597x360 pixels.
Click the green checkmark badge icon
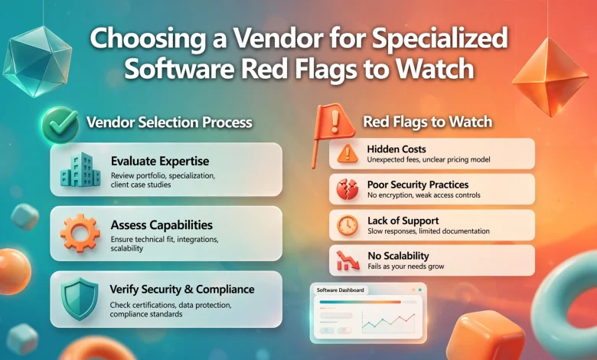coord(60,124)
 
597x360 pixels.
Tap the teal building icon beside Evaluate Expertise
coord(80,170)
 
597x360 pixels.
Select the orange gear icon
coord(80,233)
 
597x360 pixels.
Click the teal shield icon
coord(80,298)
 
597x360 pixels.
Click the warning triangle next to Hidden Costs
coord(347,153)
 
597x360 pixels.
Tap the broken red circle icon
coord(347,189)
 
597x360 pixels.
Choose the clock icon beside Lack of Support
coord(347,225)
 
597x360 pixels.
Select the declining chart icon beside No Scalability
coord(347,260)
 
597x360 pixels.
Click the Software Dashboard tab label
coord(340,290)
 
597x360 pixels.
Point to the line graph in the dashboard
coord(388,322)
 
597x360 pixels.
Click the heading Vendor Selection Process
coord(169,123)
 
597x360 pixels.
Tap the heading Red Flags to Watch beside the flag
coord(428,122)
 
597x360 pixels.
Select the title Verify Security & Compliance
coord(182,289)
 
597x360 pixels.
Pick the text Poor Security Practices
coord(418,185)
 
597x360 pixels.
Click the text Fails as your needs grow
coord(406,267)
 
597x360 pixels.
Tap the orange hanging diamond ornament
coord(550,77)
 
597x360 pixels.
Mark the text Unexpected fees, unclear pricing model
coord(429,159)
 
